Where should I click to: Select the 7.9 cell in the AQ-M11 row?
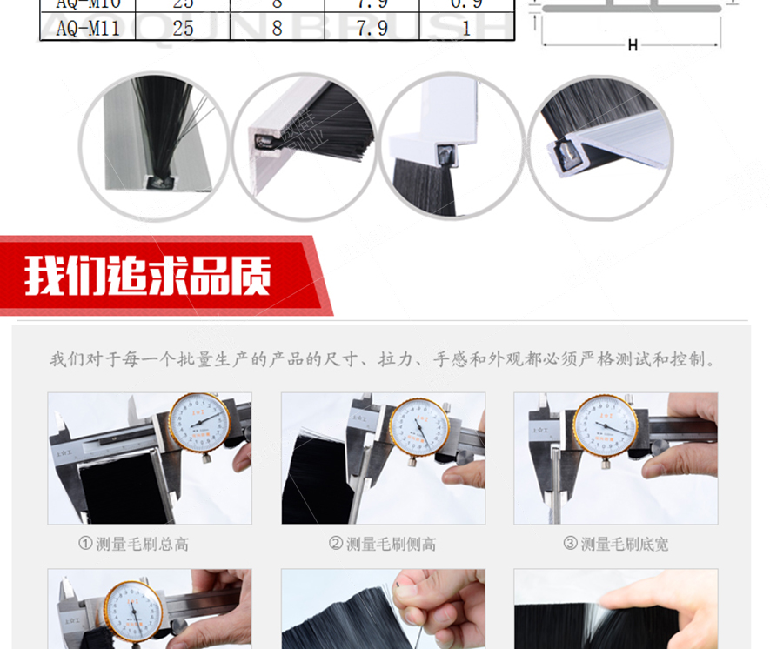[x=372, y=28]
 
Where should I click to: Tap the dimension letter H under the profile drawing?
[x=633, y=45]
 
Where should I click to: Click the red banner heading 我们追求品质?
[x=148, y=275]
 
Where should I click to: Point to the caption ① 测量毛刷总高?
[x=133, y=544]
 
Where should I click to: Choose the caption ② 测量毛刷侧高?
[x=383, y=544]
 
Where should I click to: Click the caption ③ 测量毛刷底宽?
[x=616, y=544]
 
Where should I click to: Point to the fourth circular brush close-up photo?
[x=601, y=144]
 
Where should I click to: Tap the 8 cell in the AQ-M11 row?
[x=277, y=28]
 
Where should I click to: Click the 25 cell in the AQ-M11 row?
[x=183, y=28]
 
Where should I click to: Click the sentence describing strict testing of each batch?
[x=383, y=359]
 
